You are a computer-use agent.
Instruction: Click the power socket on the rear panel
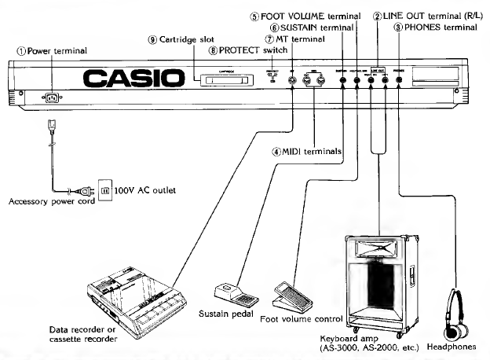[x=53, y=97]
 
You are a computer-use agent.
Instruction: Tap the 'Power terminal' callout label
[x=53, y=50]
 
